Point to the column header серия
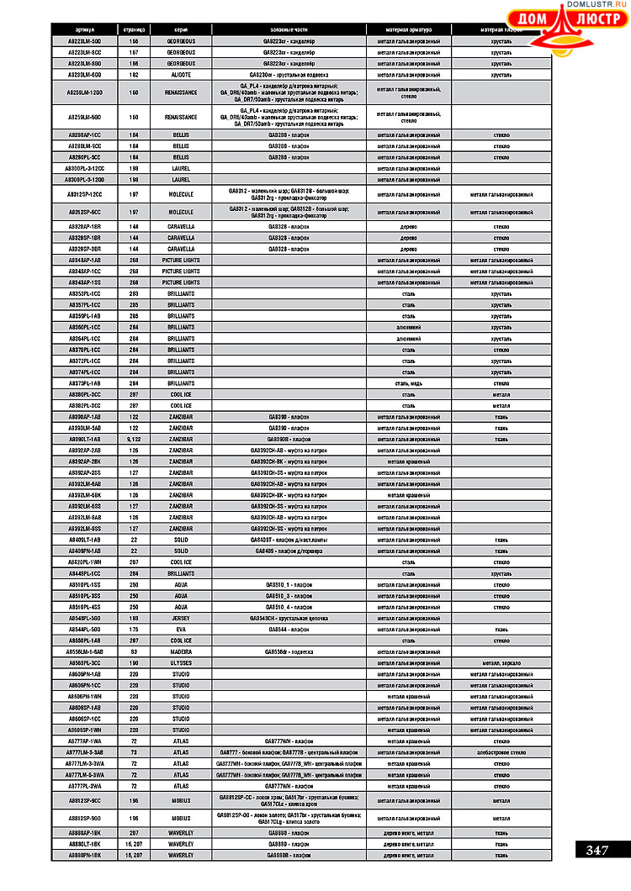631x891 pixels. (181, 29)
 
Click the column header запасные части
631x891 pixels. (289, 29)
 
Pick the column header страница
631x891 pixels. (134, 29)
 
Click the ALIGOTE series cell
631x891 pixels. (181, 74)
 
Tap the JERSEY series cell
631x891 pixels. (181, 618)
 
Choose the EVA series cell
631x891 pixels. (181, 629)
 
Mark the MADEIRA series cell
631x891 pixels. (181, 651)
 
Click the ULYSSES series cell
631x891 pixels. (181, 662)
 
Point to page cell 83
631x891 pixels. (134, 651)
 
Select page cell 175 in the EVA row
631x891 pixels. (134, 629)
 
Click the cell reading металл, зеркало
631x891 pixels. (501, 662)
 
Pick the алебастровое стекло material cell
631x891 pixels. (501, 751)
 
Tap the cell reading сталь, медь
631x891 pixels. (408, 383)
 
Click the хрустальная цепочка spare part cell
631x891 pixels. (289, 618)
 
